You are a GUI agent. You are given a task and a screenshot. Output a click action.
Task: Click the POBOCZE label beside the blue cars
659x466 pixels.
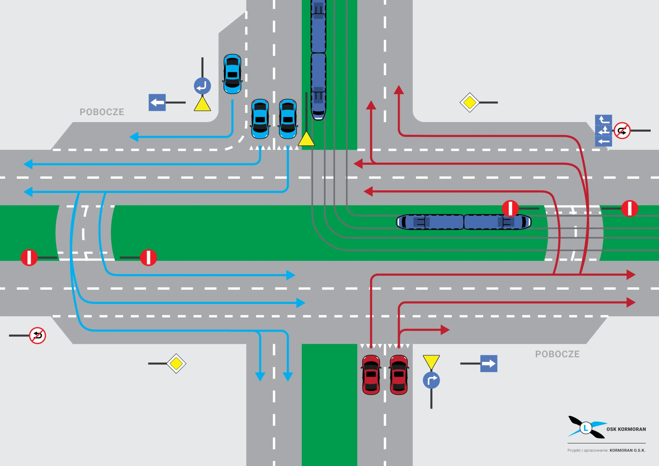click(102, 112)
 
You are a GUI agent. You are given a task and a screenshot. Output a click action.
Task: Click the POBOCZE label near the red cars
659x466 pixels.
click(557, 354)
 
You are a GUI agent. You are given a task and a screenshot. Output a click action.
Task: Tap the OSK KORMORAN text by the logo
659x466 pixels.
click(626, 429)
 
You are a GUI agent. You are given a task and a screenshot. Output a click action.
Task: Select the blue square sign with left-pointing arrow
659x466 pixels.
click(157, 102)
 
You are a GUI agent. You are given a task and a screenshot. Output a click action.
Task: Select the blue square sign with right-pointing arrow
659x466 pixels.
click(489, 364)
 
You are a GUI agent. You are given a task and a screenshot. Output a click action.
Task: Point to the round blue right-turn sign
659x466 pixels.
click(431, 380)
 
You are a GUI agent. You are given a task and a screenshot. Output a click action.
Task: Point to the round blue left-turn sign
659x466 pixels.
click(202, 86)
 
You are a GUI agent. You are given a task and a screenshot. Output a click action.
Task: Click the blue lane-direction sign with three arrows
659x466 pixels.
click(603, 131)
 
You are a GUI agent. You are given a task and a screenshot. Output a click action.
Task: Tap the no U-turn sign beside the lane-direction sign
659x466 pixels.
click(622, 131)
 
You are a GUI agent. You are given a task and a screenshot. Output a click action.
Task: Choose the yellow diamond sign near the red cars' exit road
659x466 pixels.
click(470, 102)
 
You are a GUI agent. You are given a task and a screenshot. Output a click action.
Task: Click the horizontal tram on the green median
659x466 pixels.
click(464, 222)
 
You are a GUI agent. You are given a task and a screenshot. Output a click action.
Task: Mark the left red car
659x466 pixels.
click(371, 375)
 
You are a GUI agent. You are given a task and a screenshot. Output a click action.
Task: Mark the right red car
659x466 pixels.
click(399, 375)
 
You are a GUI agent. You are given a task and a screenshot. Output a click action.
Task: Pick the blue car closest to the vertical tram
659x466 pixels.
click(288, 119)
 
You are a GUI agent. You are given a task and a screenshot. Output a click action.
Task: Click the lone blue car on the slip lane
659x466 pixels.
click(232, 74)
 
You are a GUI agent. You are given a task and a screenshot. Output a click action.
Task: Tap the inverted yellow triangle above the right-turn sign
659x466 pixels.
click(431, 362)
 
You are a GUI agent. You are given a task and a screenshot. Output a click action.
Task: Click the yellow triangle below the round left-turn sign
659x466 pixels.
click(202, 104)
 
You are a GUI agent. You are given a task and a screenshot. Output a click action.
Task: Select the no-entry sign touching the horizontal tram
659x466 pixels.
click(510, 208)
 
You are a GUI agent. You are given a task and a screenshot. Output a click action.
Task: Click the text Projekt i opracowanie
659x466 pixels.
click(587, 450)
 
